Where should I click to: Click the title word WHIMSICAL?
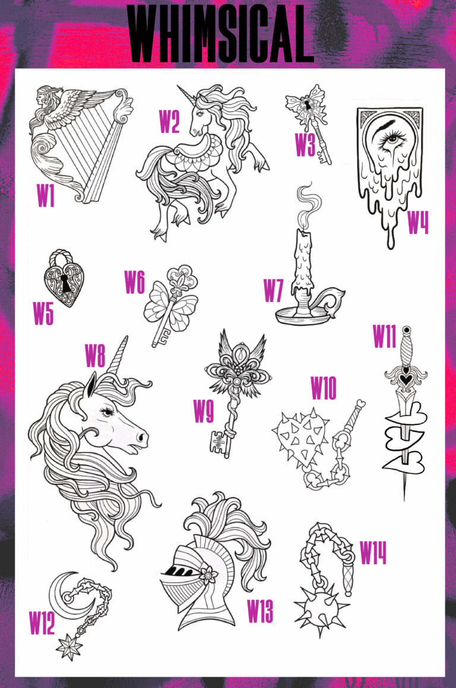pos(220,33)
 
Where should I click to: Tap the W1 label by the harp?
pos(46,195)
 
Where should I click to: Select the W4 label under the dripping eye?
pos(418,222)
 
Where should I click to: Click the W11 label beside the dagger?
pos(385,337)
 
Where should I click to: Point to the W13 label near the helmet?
pos(260,611)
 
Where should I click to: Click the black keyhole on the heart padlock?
pos(66,283)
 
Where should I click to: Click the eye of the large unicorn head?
pos(107,411)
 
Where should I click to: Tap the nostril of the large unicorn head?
pos(141,437)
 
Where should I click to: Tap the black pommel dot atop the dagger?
pos(406,330)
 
